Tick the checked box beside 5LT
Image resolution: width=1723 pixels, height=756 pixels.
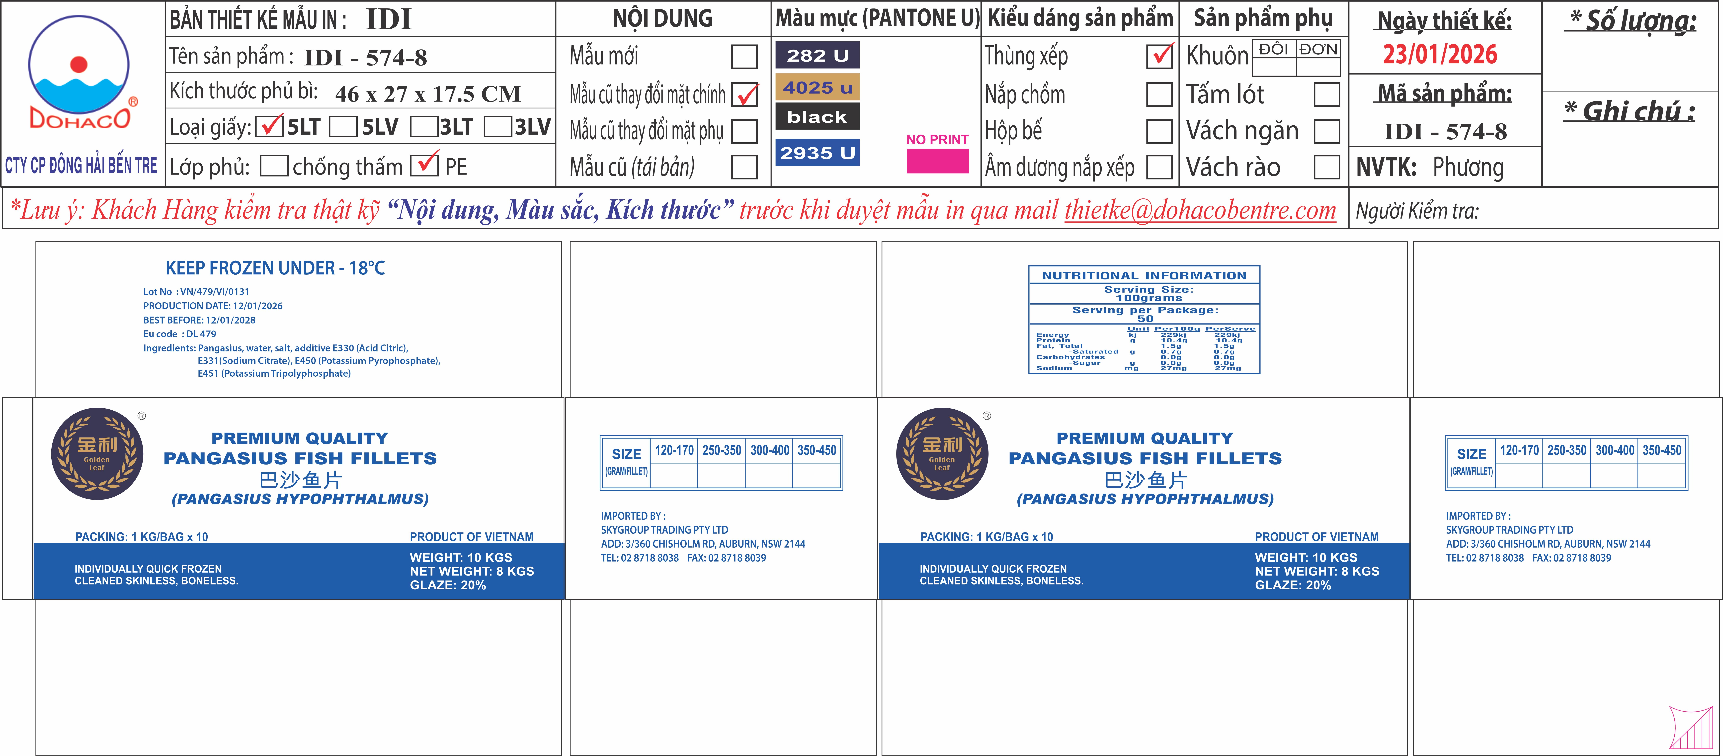(x=269, y=126)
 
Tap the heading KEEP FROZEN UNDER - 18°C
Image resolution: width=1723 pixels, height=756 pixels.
(x=275, y=268)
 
